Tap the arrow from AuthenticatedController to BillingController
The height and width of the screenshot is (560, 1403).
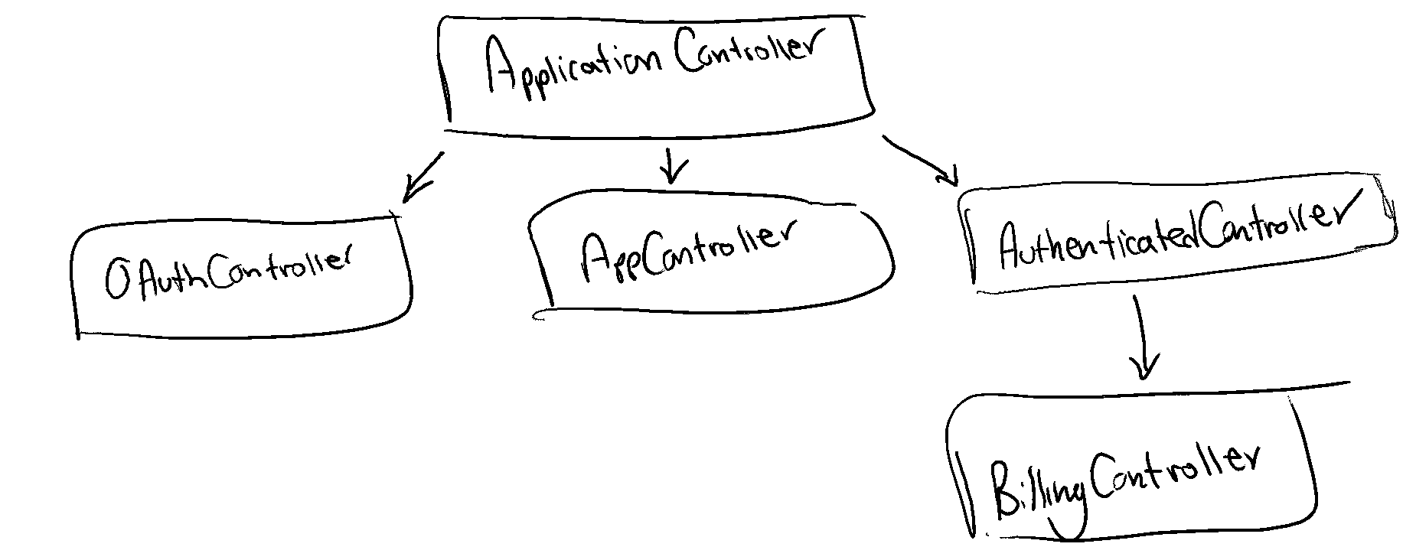pyautogui.click(x=1143, y=337)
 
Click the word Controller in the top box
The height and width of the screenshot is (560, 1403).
pyautogui.click(x=742, y=57)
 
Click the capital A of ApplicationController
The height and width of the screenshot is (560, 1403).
pyautogui.click(x=501, y=69)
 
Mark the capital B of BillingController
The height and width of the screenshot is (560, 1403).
pyautogui.click(x=1003, y=490)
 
